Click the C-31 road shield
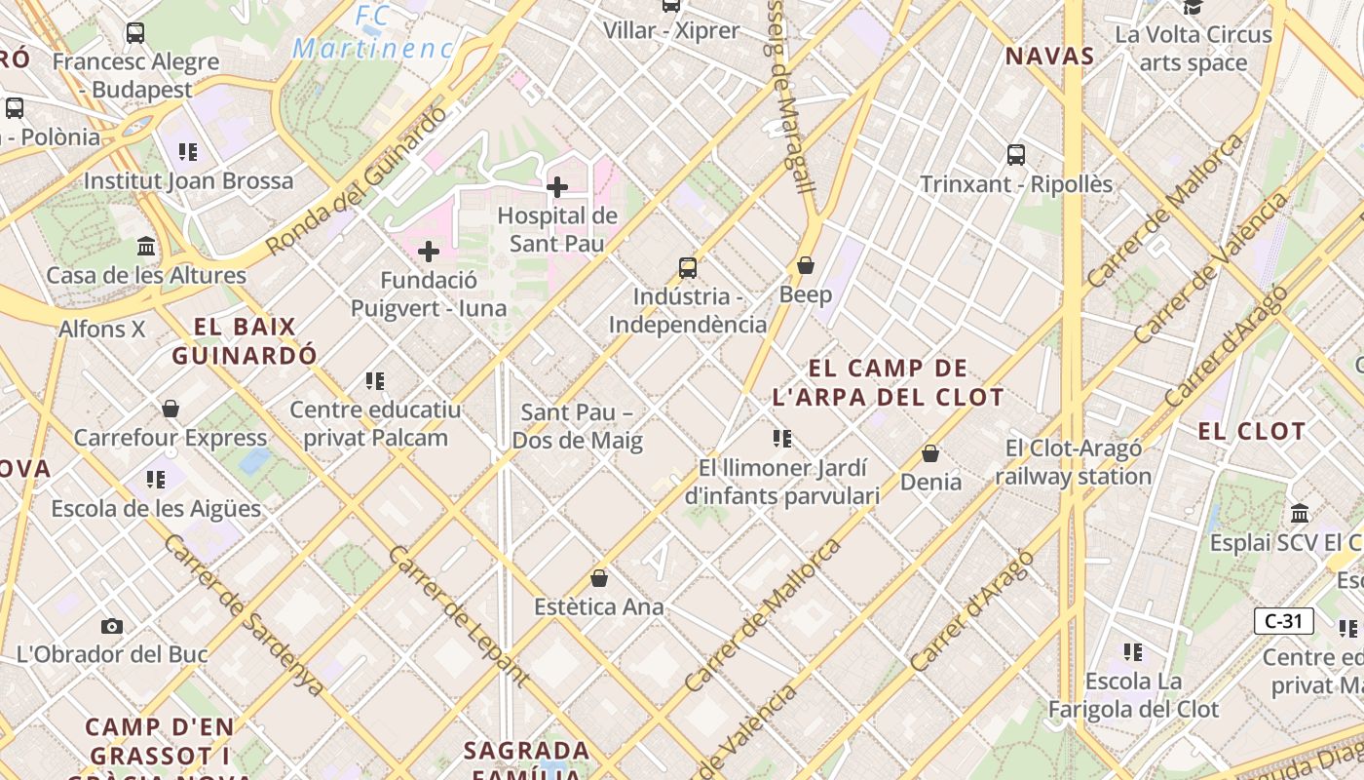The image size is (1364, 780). pyautogui.click(x=1283, y=621)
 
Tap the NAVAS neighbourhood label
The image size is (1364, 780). pyautogui.click(x=1049, y=56)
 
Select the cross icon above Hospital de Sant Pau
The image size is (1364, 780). pyautogui.click(x=557, y=186)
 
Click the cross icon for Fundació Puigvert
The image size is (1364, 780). pyautogui.click(x=429, y=253)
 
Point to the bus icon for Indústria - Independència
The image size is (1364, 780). pyautogui.click(x=688, y=267)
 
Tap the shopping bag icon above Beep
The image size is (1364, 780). pyautogui.click(x=806, y=265)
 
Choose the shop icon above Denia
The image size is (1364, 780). pyautogui.click(x=930, y=453)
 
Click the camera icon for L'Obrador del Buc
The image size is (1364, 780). pyautogui.click(x=112, y=626)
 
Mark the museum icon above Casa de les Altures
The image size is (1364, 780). pyautogui.click(x=146, y=246)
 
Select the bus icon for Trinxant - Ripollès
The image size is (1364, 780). pyautogui.click(x=1016, y=154)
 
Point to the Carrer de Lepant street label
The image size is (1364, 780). pyautogui.click(x=458, y=616)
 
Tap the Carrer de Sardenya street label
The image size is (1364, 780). pyautogui.click(x=244, y=616)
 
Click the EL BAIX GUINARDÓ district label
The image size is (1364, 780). pyautogui.click(x=245, y=341)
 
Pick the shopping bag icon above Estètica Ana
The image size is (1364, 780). pyautogui.click(x=599, y=578)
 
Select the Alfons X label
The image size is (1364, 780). pyautogui.click(x=101, y=329)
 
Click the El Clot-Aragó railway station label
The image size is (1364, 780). pyautogui.click(x=1073, y=462)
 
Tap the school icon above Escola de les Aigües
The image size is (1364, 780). pyautogui.click(x=156, y=479)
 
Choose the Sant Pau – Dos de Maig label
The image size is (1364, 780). pyautogui.click(x=577, y=426)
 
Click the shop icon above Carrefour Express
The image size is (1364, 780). pyautogui.click(x=170, y=409)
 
